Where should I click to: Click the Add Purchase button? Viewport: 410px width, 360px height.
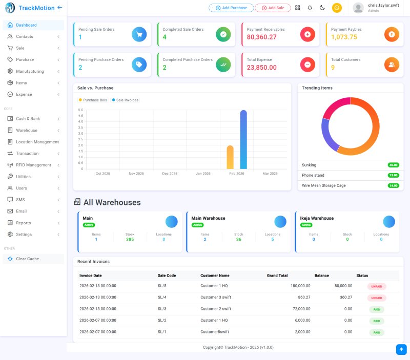click(x=231, y=8)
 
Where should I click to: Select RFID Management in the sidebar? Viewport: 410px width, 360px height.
click(x=33, y=165)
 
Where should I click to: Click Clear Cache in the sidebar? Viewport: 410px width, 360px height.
click(x=27, y=259)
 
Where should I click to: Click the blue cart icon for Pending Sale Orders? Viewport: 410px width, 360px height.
click(x=139, y=34)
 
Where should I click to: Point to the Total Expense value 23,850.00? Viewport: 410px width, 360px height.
click(x=261, y=68)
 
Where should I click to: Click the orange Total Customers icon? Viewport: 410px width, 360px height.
click(x=392, y=65)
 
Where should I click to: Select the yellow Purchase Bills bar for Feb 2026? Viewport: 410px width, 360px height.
click(x=230, y=157)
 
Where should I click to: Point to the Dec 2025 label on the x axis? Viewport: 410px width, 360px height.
click(x=169, y=174)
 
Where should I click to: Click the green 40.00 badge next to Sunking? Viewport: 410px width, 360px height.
click(x=393, y=165)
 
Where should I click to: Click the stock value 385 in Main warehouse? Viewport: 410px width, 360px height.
click(x=130, y=239)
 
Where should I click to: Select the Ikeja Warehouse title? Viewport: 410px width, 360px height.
click(x=317, y=218)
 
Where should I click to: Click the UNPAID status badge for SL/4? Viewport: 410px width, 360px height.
click(x=376, y=298)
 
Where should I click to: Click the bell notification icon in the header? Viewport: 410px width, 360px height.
click(x=310, y=8)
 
